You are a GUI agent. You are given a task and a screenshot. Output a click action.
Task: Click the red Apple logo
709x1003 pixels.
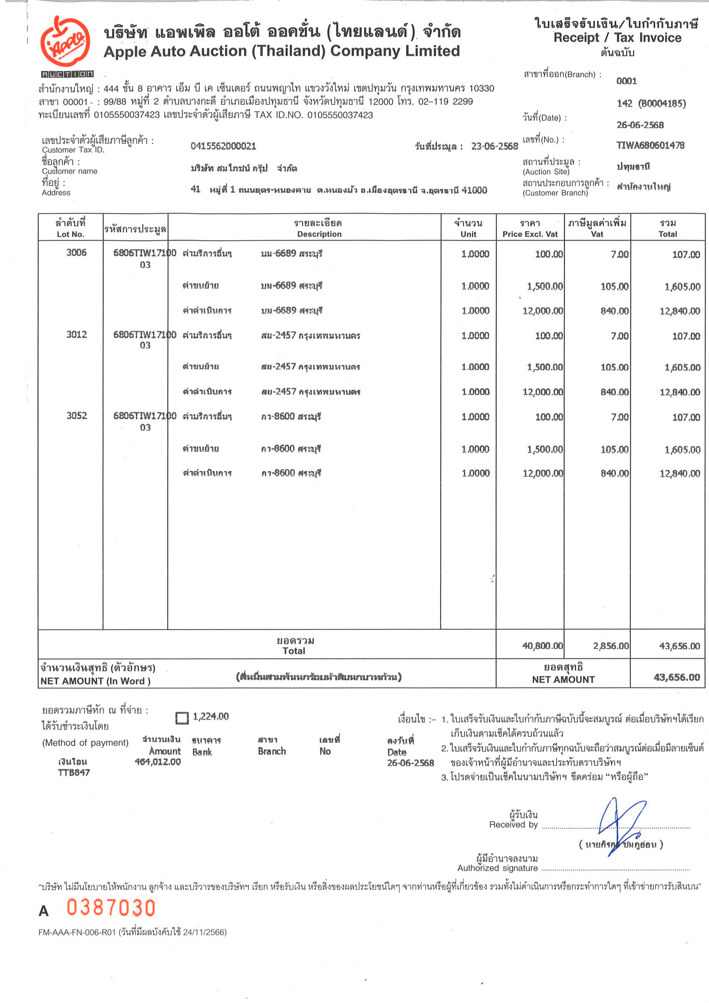click(65, 42)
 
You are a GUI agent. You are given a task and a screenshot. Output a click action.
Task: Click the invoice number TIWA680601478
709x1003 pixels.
click(650, 146)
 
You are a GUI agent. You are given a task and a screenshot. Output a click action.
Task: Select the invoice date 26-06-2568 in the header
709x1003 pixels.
click(639, 125)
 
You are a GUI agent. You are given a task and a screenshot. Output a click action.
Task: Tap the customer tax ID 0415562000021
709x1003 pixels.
click(223, 146)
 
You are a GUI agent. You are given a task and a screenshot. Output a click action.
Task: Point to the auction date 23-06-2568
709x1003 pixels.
click(494, 146)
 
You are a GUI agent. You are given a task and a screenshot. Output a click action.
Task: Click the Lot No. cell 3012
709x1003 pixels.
click(76, 335)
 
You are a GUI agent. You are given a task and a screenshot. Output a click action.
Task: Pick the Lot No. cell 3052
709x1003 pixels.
click(76, 415)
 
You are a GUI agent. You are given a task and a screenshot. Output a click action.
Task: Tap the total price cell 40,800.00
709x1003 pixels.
click(542, 646)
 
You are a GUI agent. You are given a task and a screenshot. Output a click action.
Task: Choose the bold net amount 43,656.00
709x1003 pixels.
click(676, 677)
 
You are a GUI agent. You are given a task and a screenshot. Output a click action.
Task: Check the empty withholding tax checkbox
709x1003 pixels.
click(182, 718)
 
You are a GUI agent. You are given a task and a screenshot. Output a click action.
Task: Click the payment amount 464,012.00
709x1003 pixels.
click(158, 762)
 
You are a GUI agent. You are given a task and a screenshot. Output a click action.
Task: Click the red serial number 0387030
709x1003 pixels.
click(111, 908)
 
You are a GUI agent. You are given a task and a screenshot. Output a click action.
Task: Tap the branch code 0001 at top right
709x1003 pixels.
click(626, 81)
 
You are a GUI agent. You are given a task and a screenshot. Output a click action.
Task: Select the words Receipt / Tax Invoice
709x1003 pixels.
click(617, 38)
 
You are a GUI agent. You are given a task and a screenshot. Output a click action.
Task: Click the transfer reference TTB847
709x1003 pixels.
click(74, 772)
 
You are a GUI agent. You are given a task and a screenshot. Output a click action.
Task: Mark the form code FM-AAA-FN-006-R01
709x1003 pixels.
click(77, 932)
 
